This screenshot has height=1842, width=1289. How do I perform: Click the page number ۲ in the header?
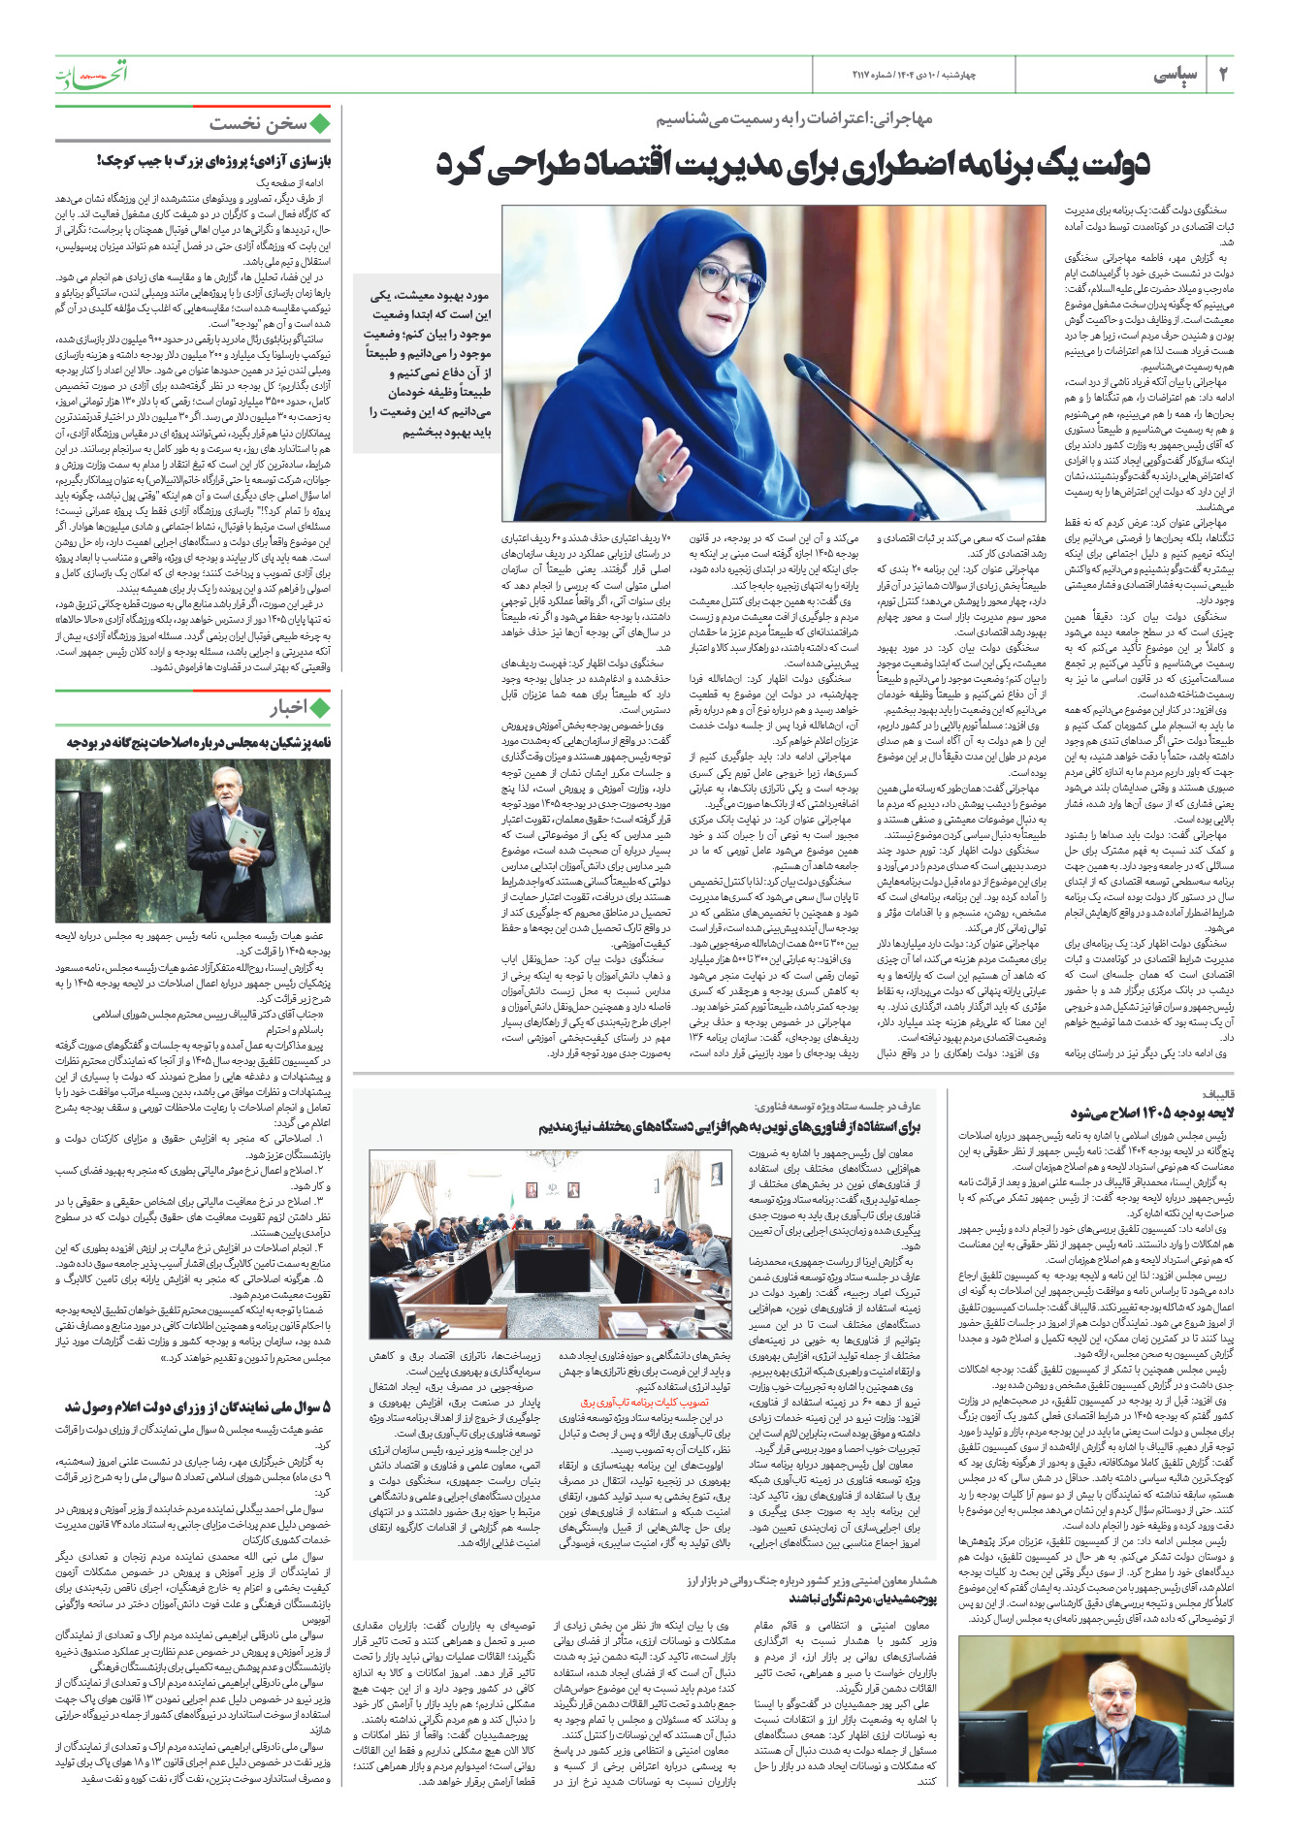point(1223,75)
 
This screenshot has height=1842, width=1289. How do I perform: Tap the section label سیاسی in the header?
point(1176,76)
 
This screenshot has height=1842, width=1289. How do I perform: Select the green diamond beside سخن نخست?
point(320,123)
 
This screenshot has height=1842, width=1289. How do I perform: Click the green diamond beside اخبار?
point(320,707)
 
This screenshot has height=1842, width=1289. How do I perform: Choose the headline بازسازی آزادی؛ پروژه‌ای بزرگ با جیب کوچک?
point(213,159)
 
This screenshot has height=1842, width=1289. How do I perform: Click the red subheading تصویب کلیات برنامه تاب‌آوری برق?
point(644,1402)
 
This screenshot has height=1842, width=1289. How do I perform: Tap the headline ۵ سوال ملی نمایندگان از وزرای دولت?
point(198,1406)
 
